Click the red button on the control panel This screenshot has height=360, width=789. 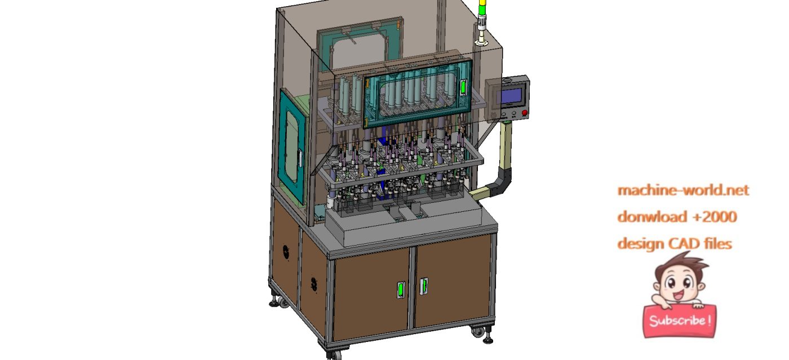click(525, 113)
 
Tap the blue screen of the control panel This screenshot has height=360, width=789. click(511, 95)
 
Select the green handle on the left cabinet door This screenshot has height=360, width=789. click(401, 289)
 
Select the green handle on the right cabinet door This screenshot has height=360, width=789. click(424, 286)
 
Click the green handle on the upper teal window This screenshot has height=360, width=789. click(464, 87)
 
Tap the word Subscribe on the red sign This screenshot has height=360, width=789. click(679, 321)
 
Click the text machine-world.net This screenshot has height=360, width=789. click(683, 190)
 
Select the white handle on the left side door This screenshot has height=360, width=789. click(301, 158)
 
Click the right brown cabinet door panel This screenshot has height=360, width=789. click(454, 285)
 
